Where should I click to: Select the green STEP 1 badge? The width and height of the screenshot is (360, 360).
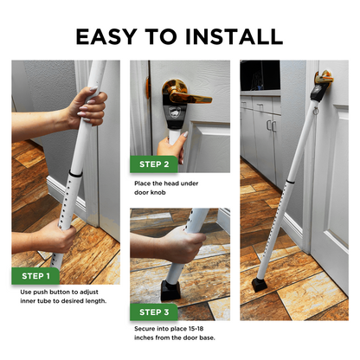pos(35,276)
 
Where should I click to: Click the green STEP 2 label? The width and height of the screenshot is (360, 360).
pos(154,164)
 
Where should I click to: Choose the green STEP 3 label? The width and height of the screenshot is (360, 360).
pos(154,312)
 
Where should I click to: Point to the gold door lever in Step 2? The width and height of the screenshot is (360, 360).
pos(184,92)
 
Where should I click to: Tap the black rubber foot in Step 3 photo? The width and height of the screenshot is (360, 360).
pos(170,291)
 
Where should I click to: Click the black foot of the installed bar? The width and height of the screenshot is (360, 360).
pos(260,286)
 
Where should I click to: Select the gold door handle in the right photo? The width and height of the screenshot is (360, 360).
pos(324,78)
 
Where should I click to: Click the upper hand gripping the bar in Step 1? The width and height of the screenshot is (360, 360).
pos(88,106)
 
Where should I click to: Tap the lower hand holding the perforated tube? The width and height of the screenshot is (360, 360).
pos(58,236)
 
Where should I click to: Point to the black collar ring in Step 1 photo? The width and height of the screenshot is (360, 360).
pos(75,174)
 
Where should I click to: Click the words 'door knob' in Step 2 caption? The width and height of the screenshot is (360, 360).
pos(150,192)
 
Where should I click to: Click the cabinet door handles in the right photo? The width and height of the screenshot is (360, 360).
pos(272,126)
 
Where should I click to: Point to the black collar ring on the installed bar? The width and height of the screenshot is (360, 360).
pos(291,182)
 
